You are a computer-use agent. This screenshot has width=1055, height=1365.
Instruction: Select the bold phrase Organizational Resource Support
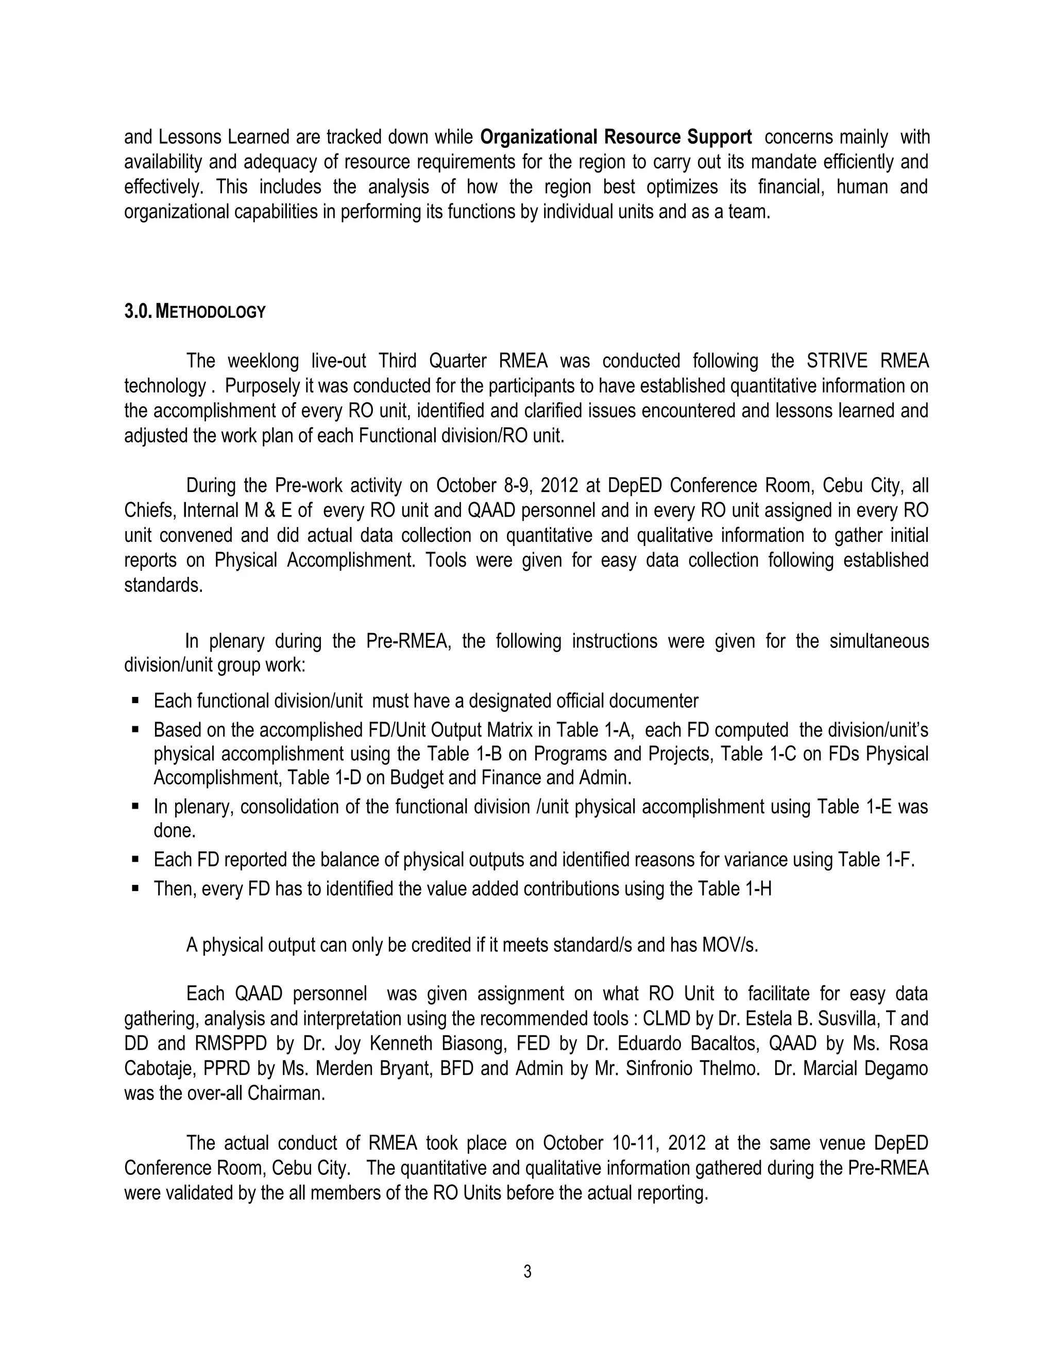pos(616,137)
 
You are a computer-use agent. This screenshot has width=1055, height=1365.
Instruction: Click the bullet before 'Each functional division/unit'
pos(135,701)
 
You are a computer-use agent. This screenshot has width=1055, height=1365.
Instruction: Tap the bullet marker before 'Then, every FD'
pos(135,888)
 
